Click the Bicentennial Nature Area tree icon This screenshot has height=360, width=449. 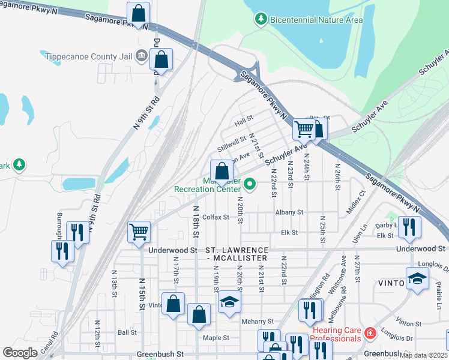(261, 20)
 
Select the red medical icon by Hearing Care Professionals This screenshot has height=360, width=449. (370, 331)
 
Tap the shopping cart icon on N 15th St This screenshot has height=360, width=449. (139, 231)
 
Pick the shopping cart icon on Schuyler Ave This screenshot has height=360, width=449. (304, 129)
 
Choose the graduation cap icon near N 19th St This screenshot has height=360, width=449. (229, 302)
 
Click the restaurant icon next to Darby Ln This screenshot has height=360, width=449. (410, 227)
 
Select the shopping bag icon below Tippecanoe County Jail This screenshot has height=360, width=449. (161, 60)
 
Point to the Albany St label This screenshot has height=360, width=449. (289, 212)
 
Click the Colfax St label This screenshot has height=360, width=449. (216, 217)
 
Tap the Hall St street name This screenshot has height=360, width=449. (244, 122)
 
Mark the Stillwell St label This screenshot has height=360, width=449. (232, 144)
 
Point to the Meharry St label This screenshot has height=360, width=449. (257, 322)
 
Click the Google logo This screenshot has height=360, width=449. (20, 353)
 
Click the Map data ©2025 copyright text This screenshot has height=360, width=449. (423, 355)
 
